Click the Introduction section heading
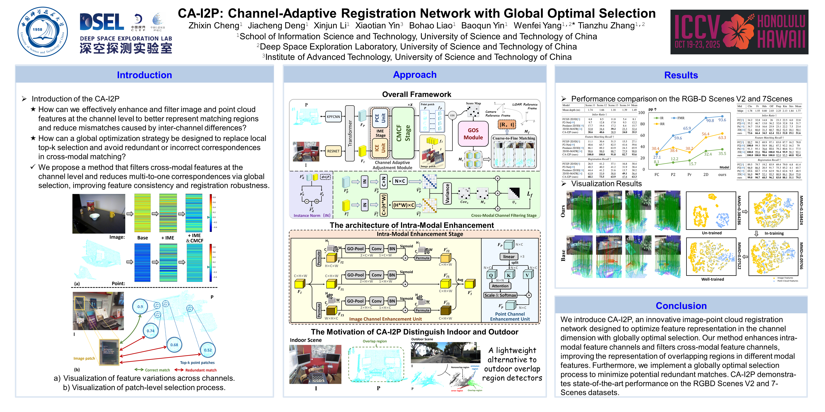pos(144,75)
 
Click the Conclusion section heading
pos(681,306)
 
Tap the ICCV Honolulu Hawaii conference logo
pos(739,32)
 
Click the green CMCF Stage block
pos(403,133)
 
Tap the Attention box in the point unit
pos(500,286)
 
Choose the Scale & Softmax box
pos(500,295)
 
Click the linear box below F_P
pos(509,257)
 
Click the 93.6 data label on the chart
pos(722,120)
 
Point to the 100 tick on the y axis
pos(641,113)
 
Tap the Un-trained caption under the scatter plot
pos(712,233)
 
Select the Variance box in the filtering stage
pos(447,193)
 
